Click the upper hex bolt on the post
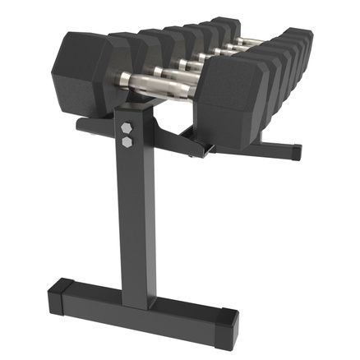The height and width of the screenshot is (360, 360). point(127,129)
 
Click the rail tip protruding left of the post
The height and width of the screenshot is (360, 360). point(82,125)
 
